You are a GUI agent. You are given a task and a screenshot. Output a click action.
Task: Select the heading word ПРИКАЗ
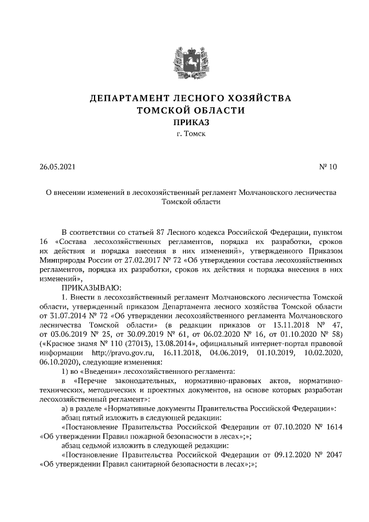coord(184,122)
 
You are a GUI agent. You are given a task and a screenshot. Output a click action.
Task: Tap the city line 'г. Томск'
coord(184,134)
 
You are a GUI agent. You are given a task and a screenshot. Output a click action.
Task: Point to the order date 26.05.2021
coord(58,168)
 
